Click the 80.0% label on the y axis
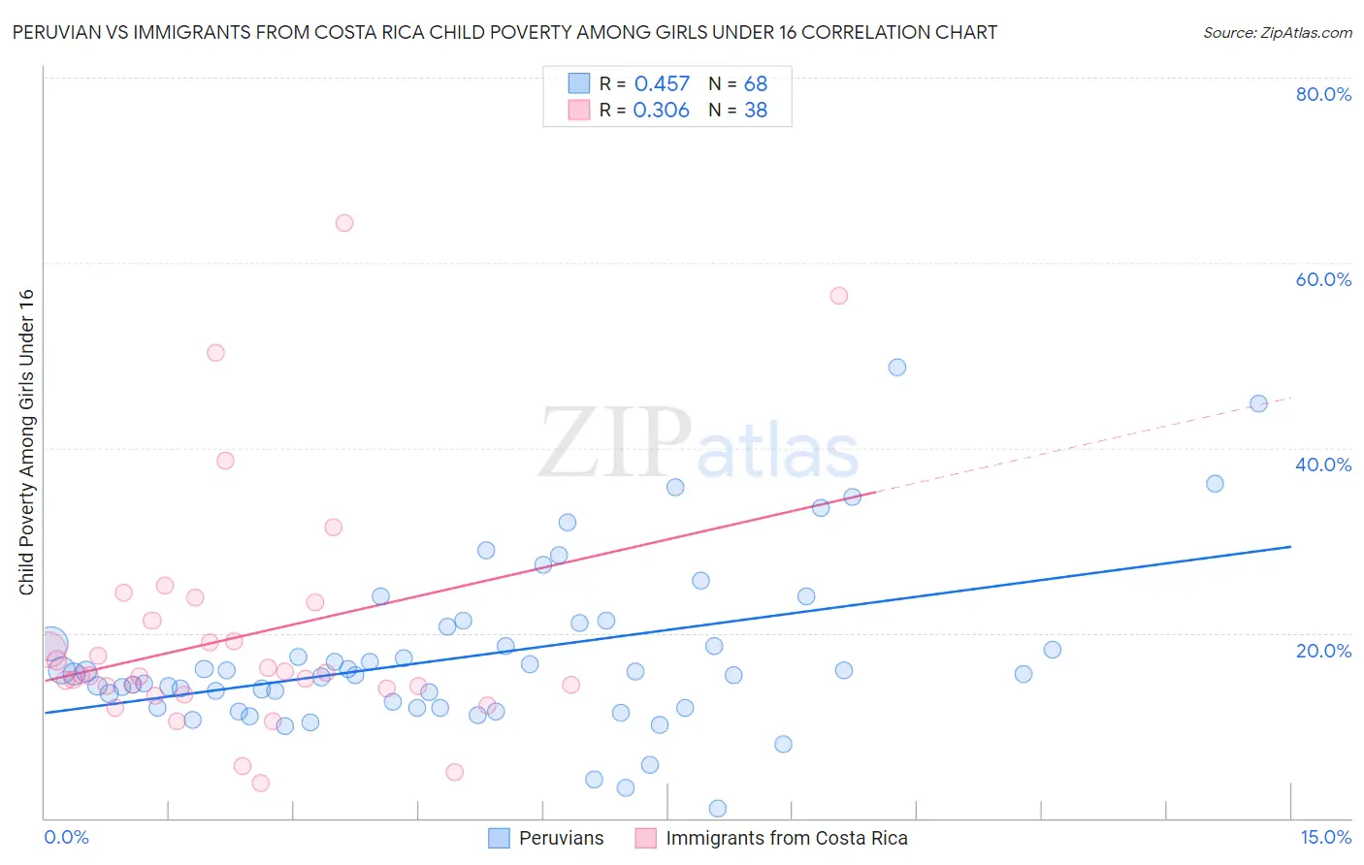[1322, 94]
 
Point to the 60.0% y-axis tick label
[1322, 279]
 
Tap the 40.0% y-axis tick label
[1322, 465]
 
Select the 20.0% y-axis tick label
[1322, 651]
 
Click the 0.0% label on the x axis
[66, 837]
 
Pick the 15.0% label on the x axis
[1325, 837]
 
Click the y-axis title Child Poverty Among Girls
[26, 442]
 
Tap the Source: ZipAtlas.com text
[1277, 32]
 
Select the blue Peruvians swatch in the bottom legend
[499, 838]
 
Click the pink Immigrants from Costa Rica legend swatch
[646, 838]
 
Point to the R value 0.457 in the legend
[662, 84]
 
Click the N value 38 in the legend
[756, 111]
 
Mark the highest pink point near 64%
[344, 223]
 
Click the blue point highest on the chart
[897, 368]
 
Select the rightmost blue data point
[1258, 404]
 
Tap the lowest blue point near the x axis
[718, 809]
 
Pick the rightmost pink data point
[839, 296]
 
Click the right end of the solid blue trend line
[1290, 547]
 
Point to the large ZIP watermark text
[615, 443]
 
